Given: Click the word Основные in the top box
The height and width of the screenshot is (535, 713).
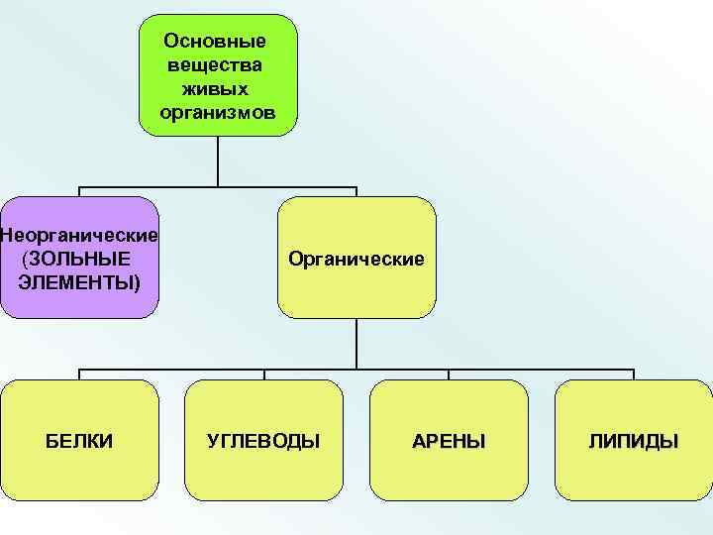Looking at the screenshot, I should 217,43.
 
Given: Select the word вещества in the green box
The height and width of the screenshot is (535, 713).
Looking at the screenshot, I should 217,65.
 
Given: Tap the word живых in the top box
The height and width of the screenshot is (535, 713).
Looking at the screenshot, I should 217,88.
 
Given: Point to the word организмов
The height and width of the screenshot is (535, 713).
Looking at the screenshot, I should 217,111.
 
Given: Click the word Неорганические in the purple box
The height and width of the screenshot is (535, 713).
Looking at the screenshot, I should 79,236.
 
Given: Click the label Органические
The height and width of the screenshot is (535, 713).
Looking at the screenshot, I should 356,259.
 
